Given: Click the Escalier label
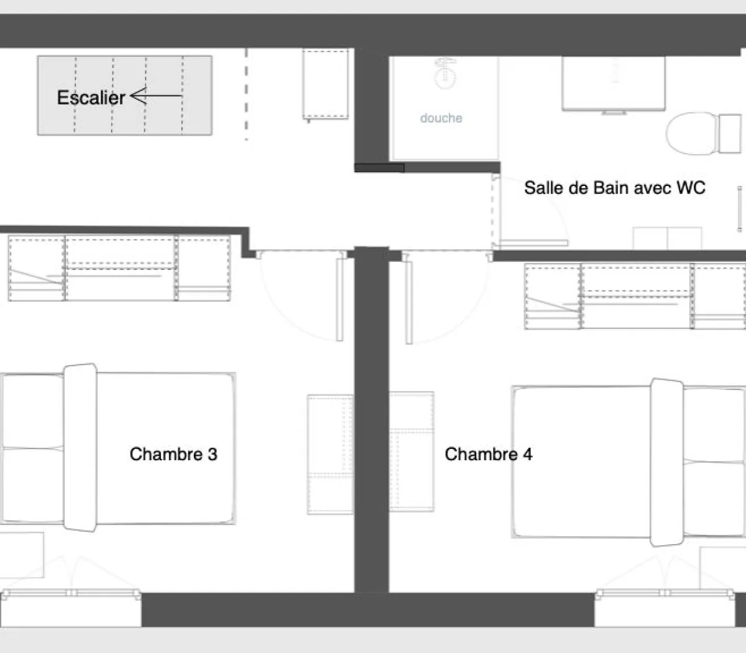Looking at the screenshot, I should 91,98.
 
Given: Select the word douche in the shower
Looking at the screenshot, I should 441,118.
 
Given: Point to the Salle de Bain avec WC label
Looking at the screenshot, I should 614,188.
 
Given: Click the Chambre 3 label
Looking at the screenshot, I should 173,454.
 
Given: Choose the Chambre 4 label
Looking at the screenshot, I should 488,454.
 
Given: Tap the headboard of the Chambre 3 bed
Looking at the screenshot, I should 81,448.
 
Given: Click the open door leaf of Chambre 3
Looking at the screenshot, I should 339,299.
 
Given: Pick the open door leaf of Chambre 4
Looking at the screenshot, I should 409,299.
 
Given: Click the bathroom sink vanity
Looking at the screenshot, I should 613,84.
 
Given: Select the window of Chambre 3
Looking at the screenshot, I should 70,595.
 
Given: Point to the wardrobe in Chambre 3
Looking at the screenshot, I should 119,267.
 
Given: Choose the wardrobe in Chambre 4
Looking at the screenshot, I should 634,296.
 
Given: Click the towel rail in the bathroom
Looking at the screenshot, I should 740,208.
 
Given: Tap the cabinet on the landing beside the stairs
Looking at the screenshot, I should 326,85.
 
